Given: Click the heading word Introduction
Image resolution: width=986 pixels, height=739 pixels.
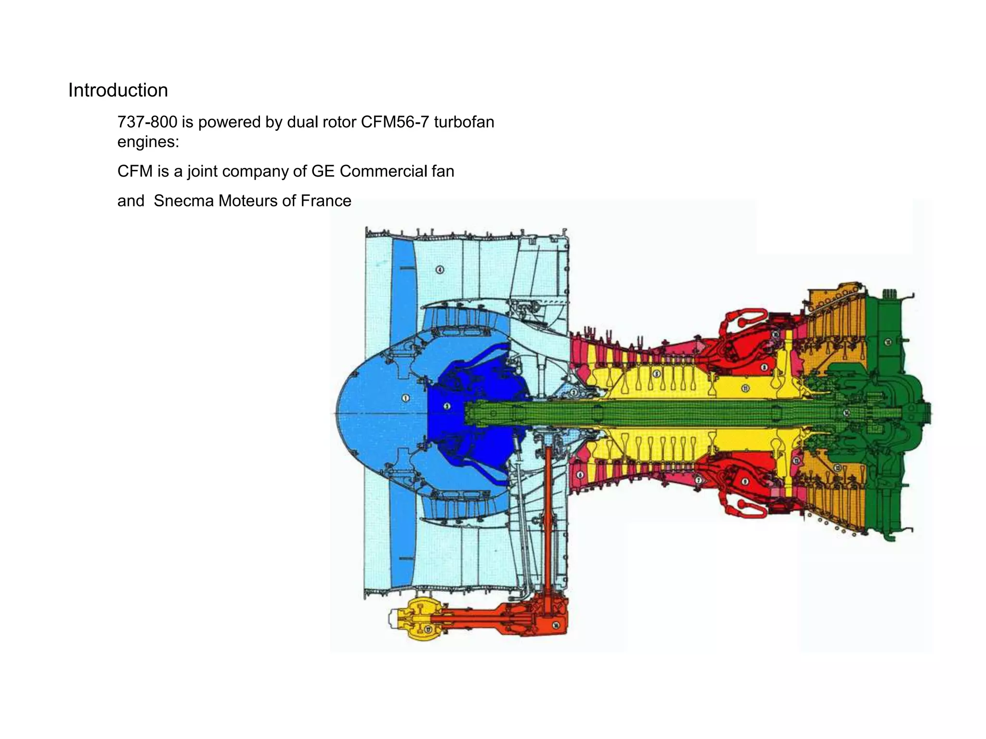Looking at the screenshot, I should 118,90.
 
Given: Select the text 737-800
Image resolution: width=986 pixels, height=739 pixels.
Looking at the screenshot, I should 147,122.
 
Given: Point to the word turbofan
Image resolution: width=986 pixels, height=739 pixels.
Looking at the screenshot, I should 464,122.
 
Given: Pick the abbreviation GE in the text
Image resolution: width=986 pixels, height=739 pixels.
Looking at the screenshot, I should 323,171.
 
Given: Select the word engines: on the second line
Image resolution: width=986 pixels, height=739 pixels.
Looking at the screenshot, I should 148,142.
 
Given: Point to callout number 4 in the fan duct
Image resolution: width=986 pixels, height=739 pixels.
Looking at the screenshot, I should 440,269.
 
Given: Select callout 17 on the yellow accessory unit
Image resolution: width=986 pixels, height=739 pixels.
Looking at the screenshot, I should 428,629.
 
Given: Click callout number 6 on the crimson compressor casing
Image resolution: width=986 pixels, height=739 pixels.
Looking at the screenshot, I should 580,475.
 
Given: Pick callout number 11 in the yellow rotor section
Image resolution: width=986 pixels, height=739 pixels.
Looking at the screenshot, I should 745,388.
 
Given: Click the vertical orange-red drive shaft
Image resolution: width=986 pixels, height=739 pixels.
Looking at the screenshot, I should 548,520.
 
